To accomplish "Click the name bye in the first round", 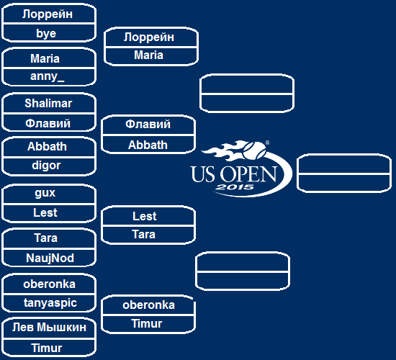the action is tap(46, 34).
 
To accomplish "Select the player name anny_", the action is tap(48, 76).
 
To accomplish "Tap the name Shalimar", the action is tap(48, 104).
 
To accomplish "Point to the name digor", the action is tap(46, 166).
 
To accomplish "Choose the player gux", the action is tap(45, 193).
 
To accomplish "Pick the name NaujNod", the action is tap(50, 258).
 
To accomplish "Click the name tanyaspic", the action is tap(50, 302).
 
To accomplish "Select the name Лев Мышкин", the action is tap(49, 328).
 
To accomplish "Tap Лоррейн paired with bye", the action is tap(48, 14).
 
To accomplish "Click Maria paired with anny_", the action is tap(45, 58).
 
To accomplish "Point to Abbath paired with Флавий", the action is tap(148, 145).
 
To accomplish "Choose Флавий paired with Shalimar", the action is tap(48, 124).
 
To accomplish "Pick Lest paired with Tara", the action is tap(145, 216).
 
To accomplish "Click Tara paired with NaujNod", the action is tap(45, 238).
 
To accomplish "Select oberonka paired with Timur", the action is tap(149, 305).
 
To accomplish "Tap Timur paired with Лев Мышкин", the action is tap(47, 348).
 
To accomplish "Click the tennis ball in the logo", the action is tap(254, 150).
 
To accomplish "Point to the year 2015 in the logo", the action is tap(235, 187).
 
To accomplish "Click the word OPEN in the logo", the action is tap(248, 174).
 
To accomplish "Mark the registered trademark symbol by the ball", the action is tap(267, 143).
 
